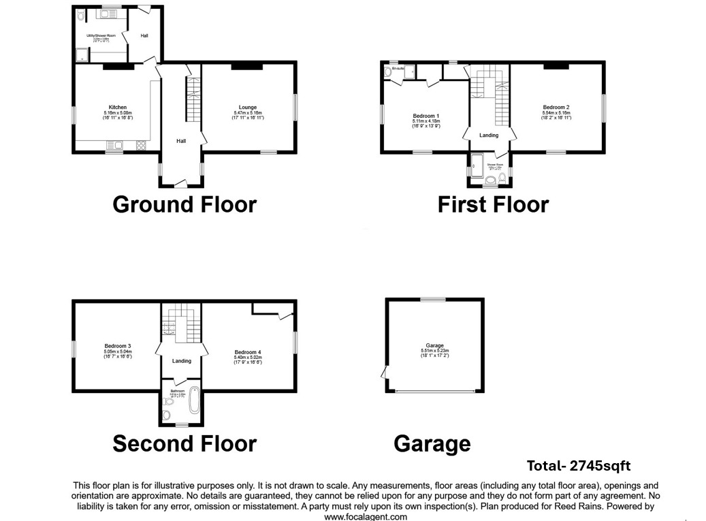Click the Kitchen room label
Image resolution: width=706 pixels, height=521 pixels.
click(117, 108)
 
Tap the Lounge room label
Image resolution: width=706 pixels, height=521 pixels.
click(247, 108)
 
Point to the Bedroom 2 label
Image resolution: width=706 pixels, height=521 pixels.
click(556, 108)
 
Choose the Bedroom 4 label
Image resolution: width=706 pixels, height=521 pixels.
click(248, 352)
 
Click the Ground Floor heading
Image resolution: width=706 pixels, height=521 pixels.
click(184, 204)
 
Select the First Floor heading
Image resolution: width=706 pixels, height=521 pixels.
click(493, 204)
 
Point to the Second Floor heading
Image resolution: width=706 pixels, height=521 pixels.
click(184, 444)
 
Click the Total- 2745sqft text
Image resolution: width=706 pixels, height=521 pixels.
click(578, 467)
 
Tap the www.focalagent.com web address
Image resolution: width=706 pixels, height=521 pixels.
click(366, 517)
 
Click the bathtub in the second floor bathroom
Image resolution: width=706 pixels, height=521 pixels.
click(194, 400)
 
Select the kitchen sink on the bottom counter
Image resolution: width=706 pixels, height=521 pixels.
click(114, 145)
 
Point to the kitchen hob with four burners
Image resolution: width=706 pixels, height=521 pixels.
click(141, 145)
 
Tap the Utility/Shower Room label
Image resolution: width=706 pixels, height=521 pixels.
click(100, 35)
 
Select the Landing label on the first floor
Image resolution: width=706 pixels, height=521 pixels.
click(488, 136)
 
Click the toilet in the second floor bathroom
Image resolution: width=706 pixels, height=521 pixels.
click(167, 415)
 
